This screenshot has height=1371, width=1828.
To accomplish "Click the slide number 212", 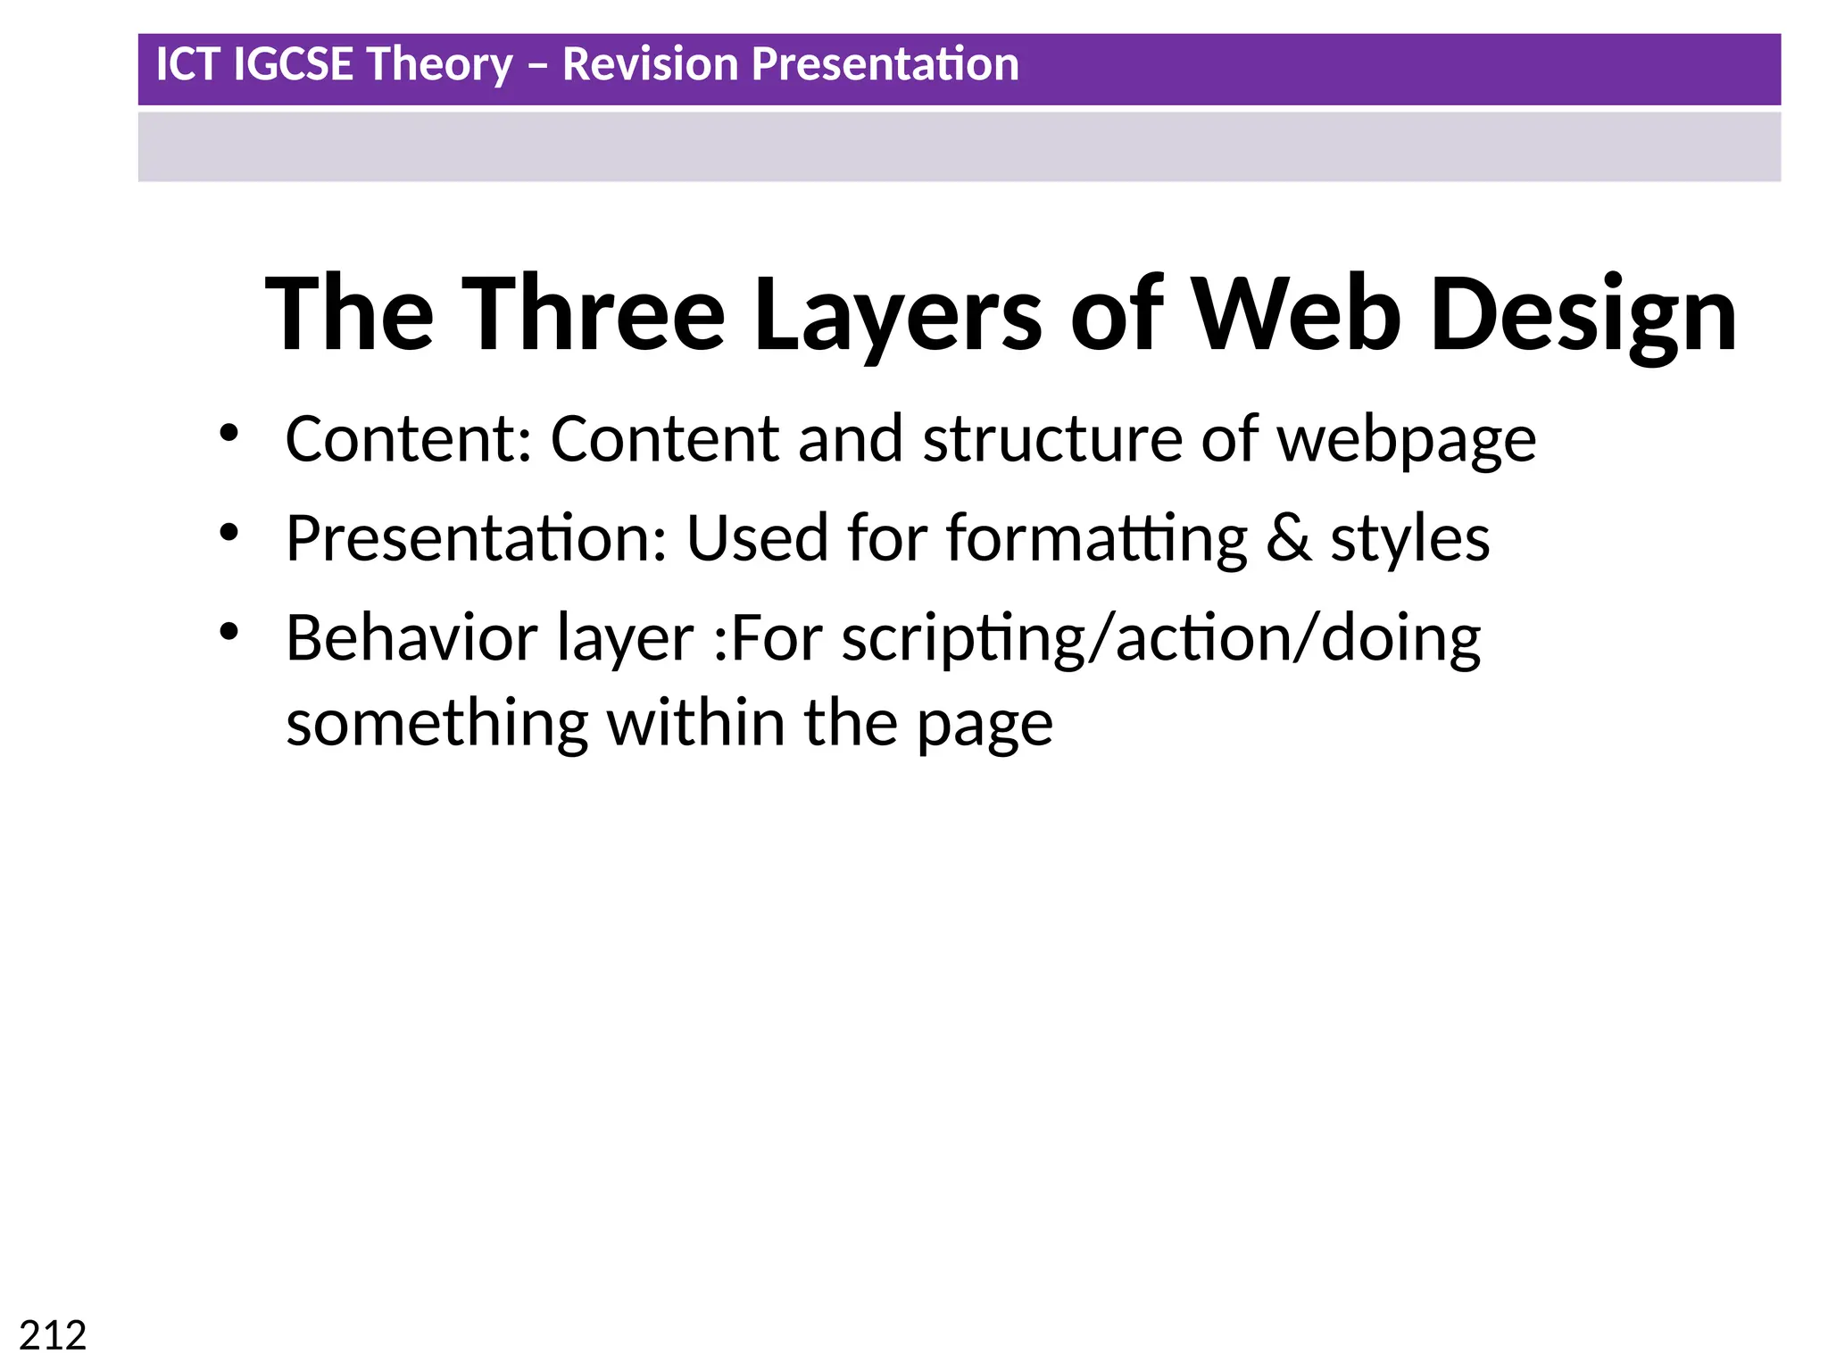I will (53, 1336).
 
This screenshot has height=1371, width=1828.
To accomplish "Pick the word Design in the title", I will (1583, 315).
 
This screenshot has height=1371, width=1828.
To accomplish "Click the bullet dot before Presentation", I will (229, 533).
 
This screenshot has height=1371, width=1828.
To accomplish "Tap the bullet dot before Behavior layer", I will (229, 632).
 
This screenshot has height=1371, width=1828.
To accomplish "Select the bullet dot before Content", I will (229, 433).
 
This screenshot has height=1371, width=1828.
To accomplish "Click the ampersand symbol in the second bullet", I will (1289, 539).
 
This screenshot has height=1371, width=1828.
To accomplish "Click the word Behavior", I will (411, 639).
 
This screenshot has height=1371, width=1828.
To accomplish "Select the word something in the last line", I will (436, 724).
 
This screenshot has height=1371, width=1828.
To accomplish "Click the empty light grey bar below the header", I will (959, 146).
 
